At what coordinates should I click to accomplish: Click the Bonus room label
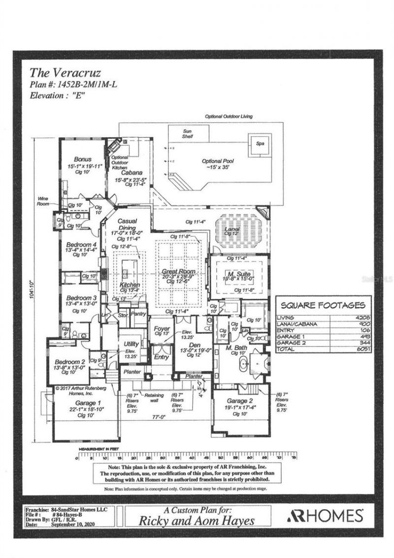[83, 159]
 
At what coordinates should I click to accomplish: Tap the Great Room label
[179, 272]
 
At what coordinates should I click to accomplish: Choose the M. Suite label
[239, 274]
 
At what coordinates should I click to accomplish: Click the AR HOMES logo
[325, 516]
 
